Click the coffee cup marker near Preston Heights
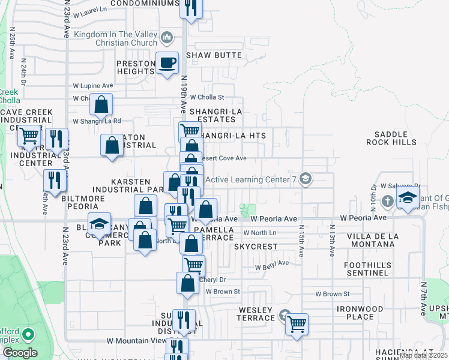point(167,62)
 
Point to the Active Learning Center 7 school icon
point(306,179)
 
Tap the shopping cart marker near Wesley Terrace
point(297,323)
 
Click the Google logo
point(20,352)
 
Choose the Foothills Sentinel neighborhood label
point(367,269)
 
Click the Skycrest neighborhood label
point(256,247)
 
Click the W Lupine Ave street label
point(93,86)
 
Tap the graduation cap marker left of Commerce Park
point(100,224)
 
